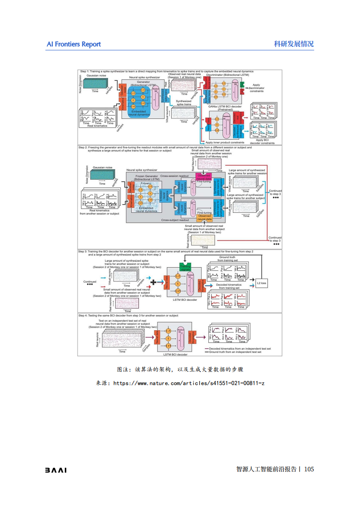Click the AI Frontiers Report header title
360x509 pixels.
pyautogui.click(x=74, y=44)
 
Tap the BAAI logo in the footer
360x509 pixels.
pyautogui.click(x=55, y=470)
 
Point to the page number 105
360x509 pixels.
pyautogui.click(x=309, y=469)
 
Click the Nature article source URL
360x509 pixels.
pyautogui.click(x=188, y=383)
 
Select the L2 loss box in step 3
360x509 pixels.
pyautogui.click(x=261, y=283)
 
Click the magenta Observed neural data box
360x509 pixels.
pyautogui.click(x=204, y=177)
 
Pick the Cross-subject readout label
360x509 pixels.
pyautogui.click(x=175, y=220)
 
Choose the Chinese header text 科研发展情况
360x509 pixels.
pyautogui.click(x=294, y=44)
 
